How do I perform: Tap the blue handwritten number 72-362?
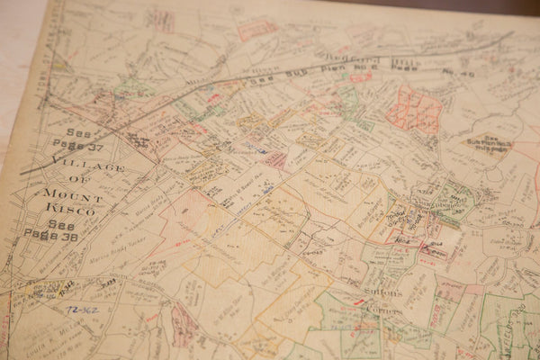coord(84,308)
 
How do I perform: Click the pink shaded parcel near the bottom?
coord(184,324)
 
